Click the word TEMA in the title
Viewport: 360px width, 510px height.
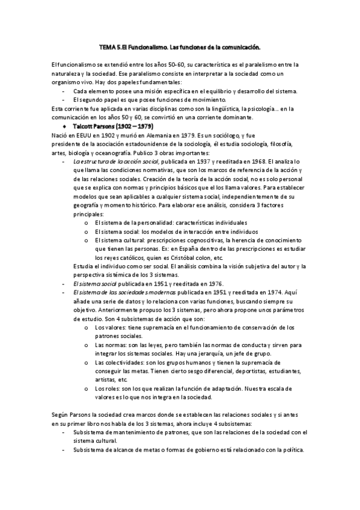pos(106,46)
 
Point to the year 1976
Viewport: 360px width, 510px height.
pos(215,283)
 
